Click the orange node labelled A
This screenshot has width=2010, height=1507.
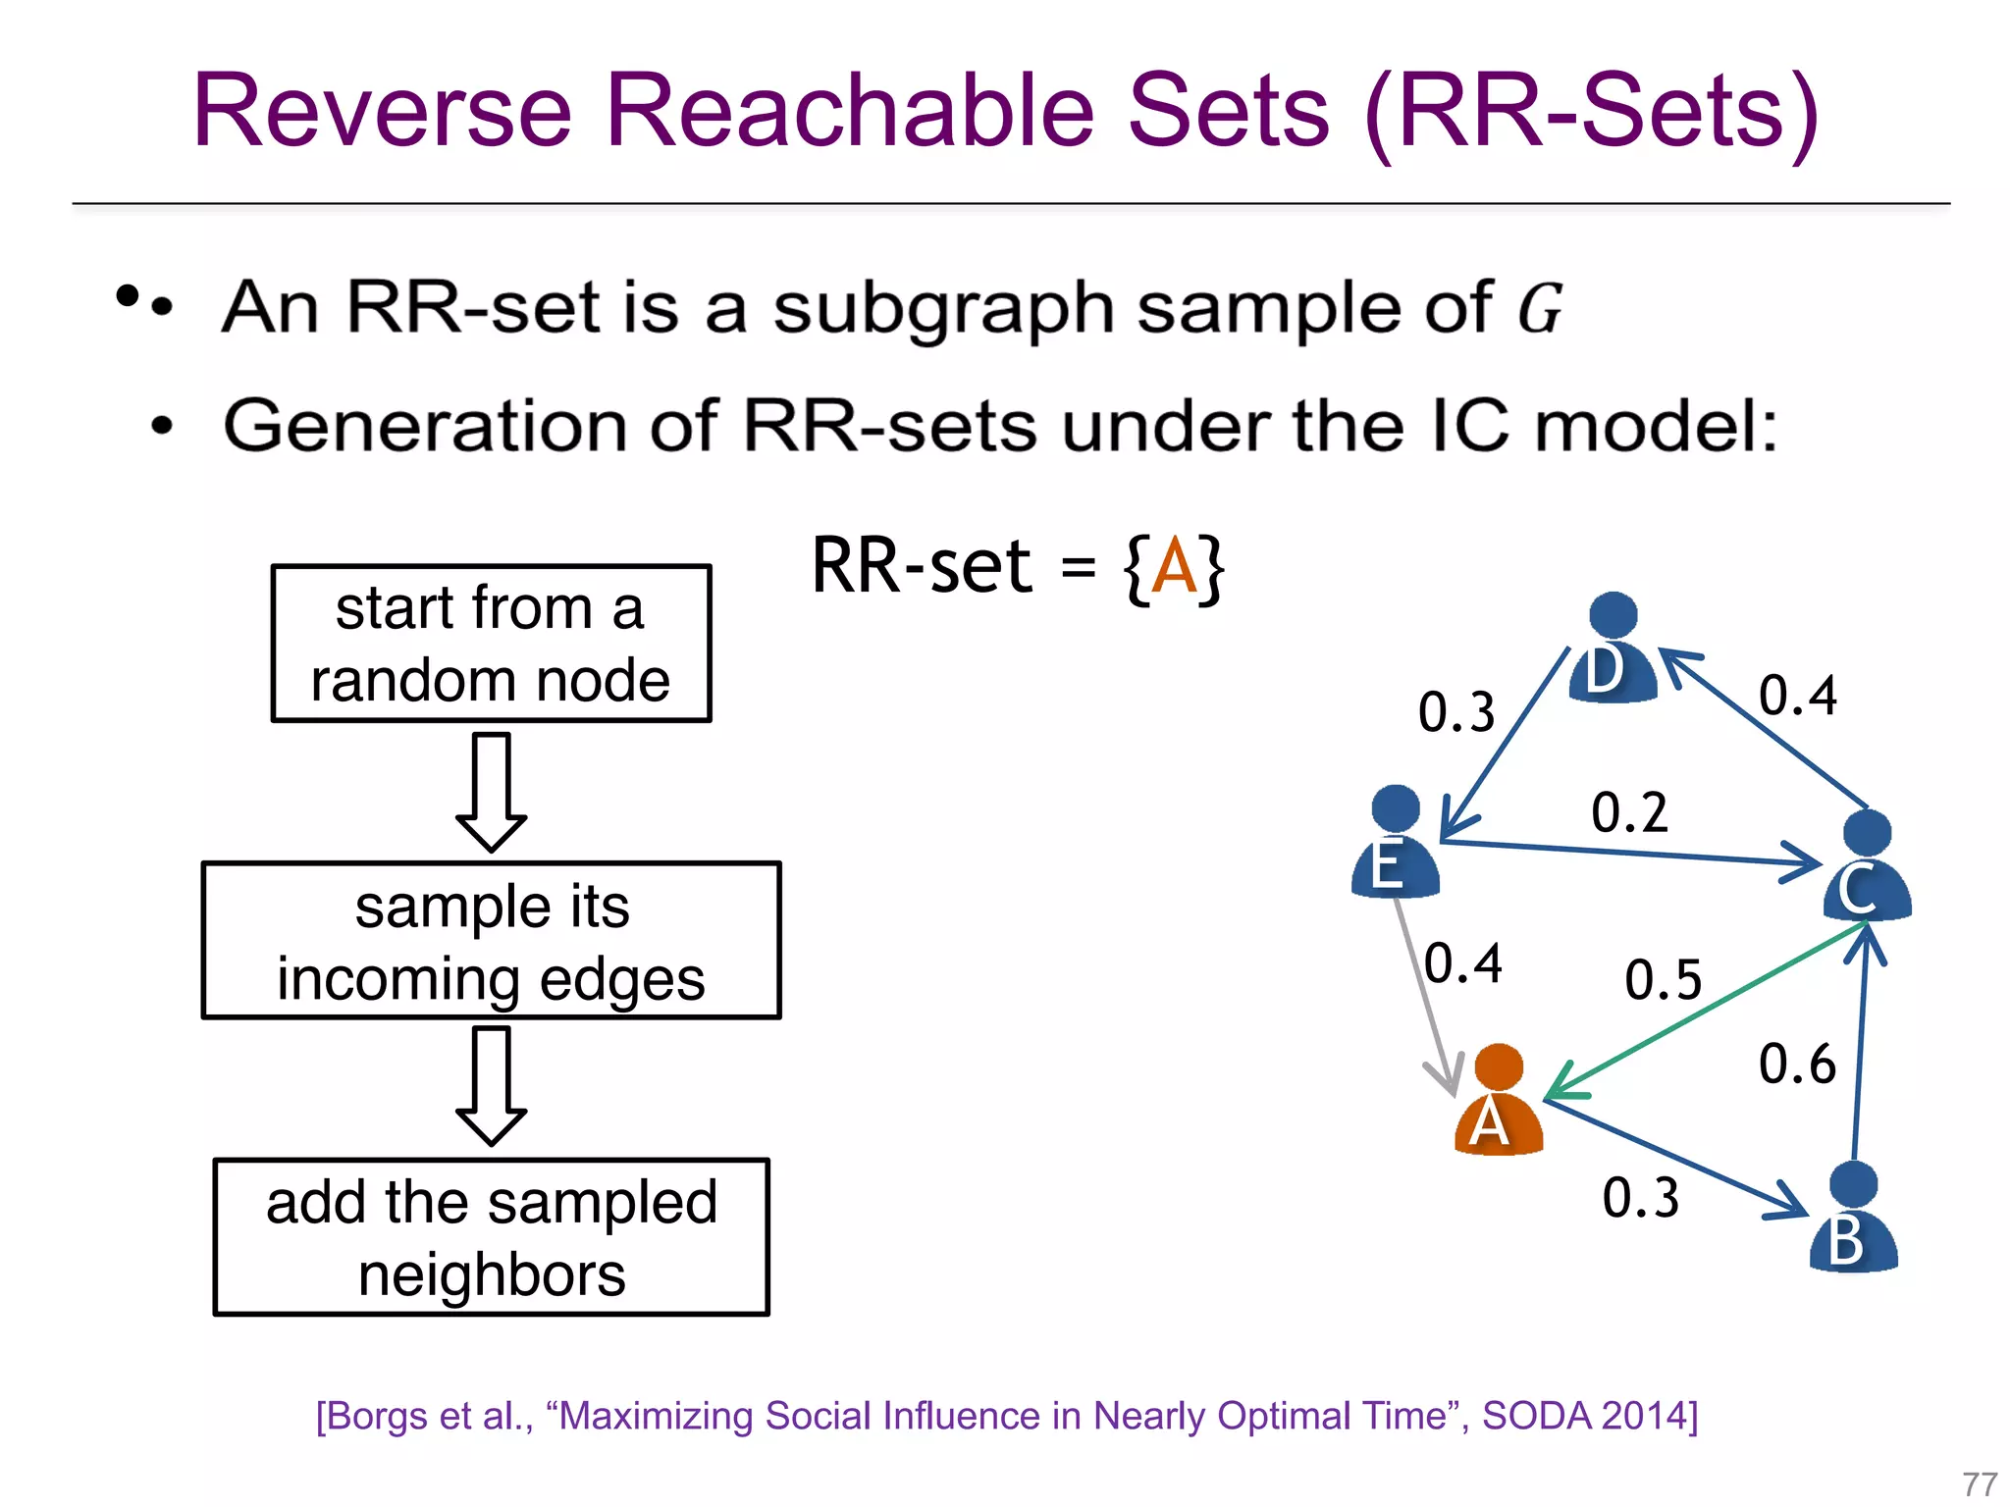pos(1498,1104)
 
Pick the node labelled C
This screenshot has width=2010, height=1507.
pos(1866,868)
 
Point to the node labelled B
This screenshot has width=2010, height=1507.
pos(1853,1220)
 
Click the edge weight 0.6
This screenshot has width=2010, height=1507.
pos(1796,1065)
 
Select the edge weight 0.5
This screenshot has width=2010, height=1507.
pos(1663,980)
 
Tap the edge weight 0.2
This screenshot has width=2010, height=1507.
pos(1629,813)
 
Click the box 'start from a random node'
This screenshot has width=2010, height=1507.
pos(491,644)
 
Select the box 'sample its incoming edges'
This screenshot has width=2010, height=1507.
pos(491,941)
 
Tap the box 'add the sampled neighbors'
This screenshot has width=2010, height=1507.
pos(491,1237)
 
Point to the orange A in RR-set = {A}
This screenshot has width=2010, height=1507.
pos(1174,567)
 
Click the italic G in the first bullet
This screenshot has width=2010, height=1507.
pos(1539,309)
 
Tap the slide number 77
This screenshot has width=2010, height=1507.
pos(1980,1483)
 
